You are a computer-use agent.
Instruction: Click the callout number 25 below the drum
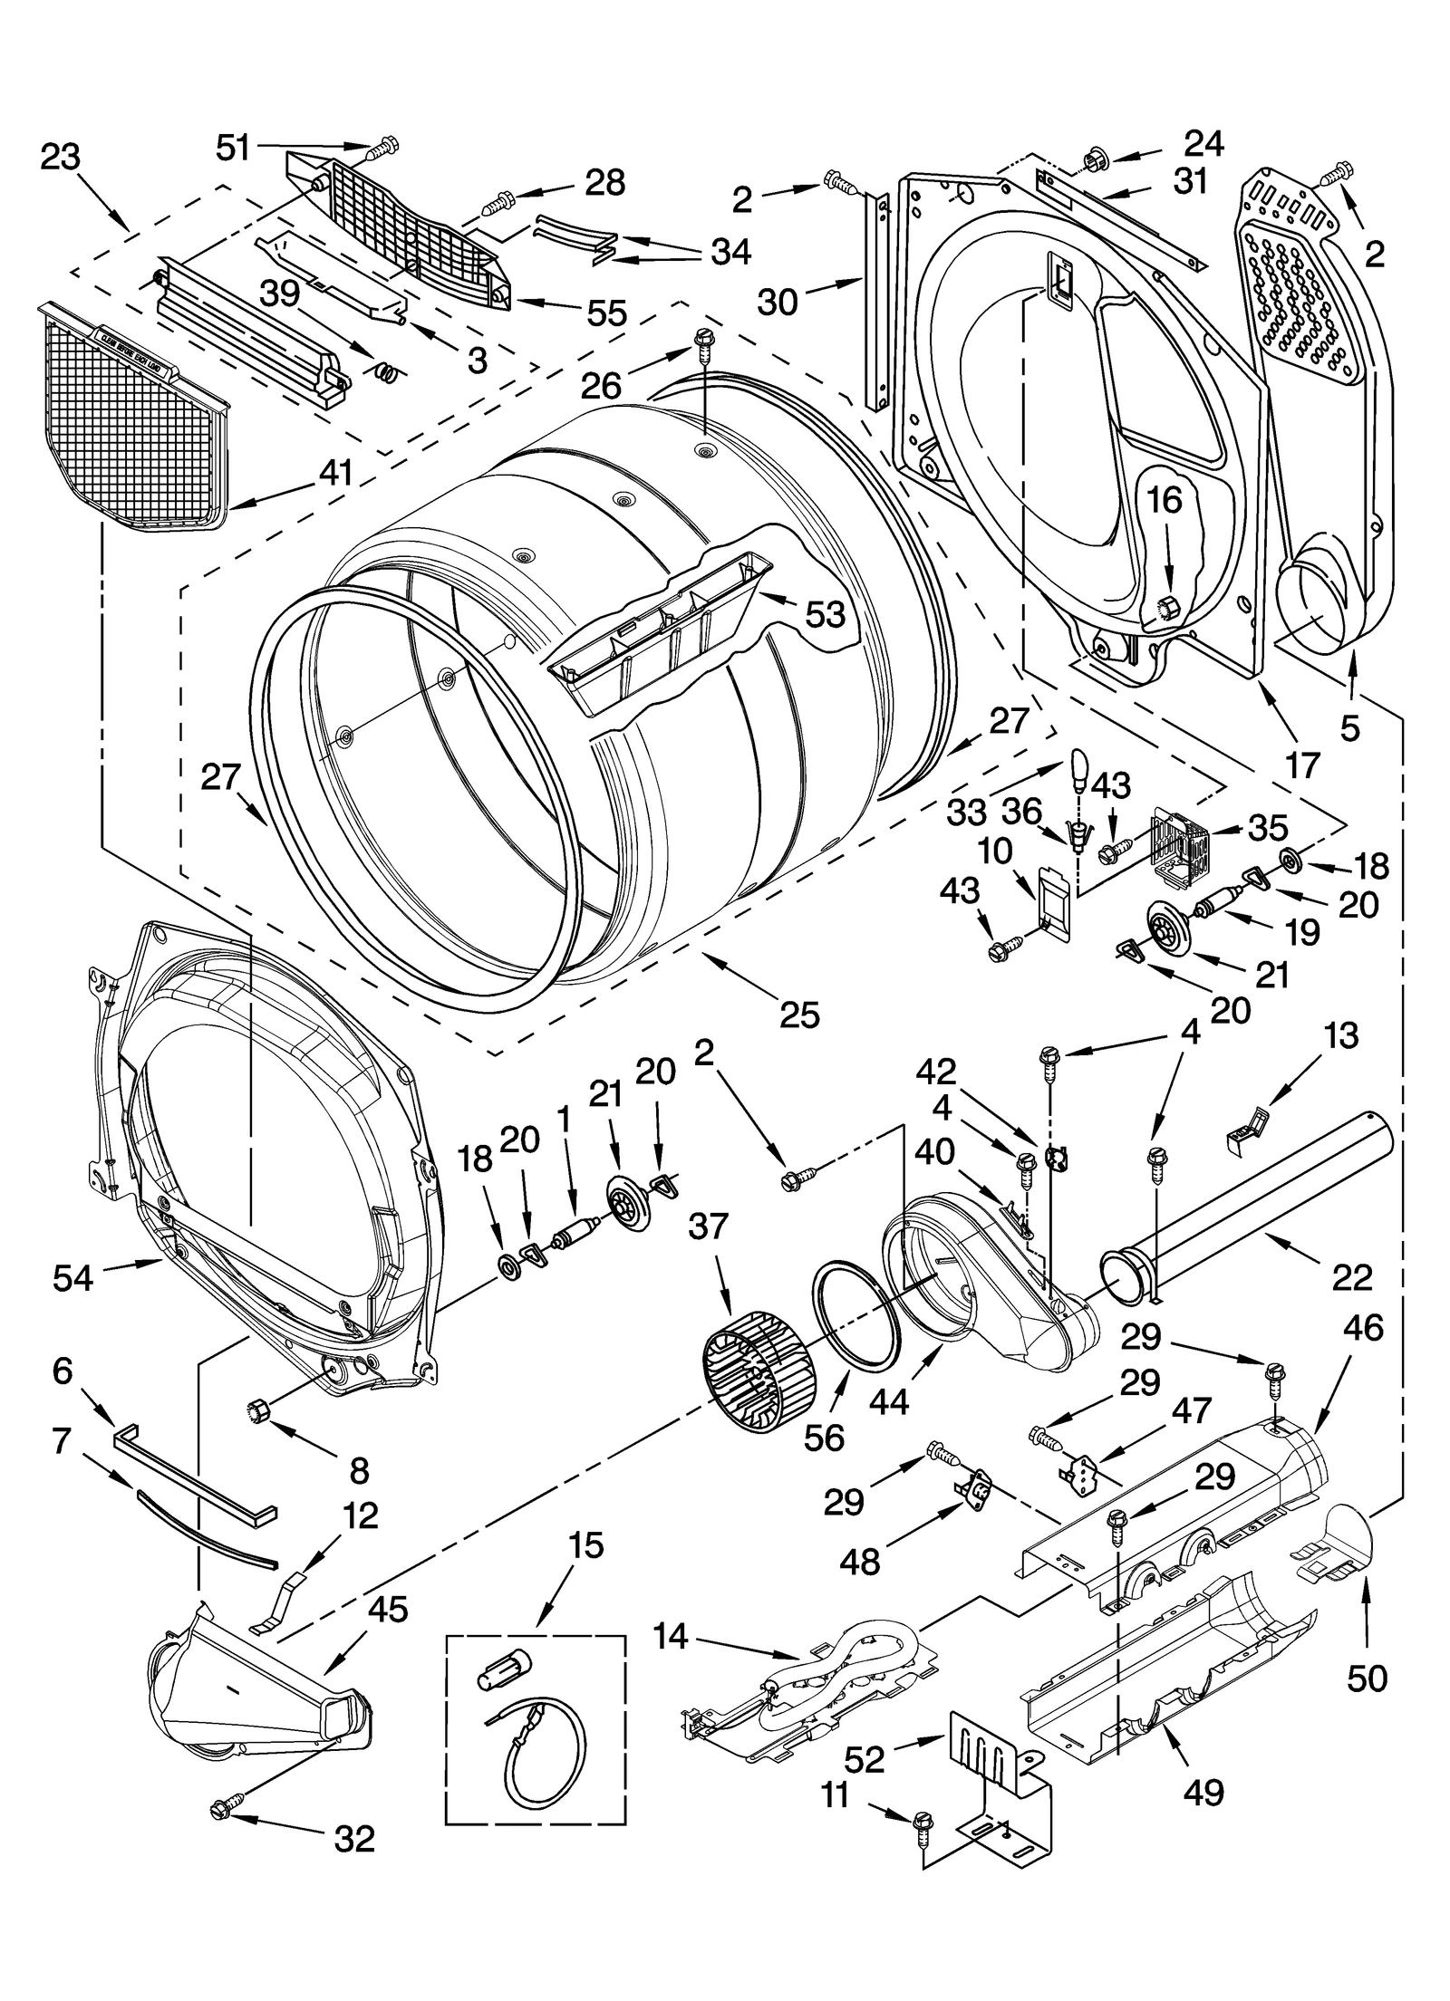click(x=799, y=1014)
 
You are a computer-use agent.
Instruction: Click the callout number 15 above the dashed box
click(x=586, y=1545)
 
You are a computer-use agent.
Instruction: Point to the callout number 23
click(x=61, y=157)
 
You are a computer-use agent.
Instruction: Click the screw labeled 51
click(x=386, y=146)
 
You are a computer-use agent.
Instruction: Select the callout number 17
click(x=1302, y=765)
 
